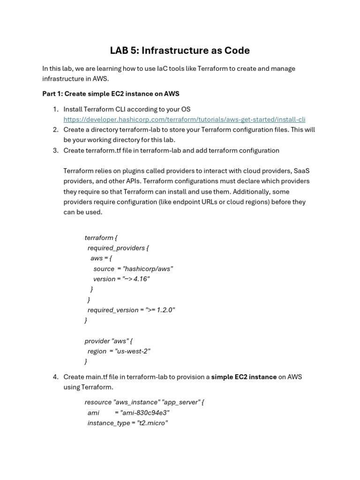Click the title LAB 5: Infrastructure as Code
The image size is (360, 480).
coord(180,50)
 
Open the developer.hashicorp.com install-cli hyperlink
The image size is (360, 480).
coord(184,120)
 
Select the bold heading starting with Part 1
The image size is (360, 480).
coord(111,94)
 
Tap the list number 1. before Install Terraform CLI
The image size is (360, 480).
coord(55,109)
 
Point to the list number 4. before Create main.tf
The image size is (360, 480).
coord(55,377)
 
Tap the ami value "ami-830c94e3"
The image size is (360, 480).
coord(145,413)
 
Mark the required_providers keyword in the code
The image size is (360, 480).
coord(116,248)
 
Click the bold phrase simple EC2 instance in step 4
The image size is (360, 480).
coord(244,377)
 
